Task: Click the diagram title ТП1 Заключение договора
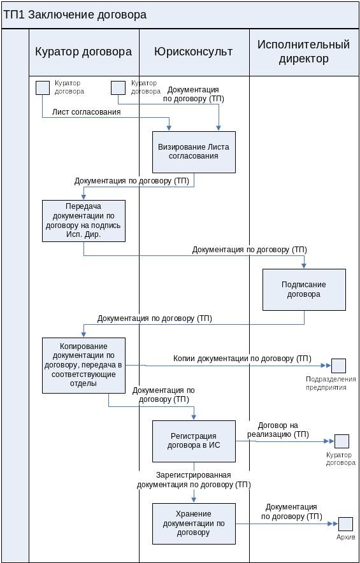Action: pos(75,15)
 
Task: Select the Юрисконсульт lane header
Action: pos(194,52)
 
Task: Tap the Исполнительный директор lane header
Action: pos(303,52)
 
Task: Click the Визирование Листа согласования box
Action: pos(194,152)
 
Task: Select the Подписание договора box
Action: pos(305,290)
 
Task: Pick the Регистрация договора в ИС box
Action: pos(194,441)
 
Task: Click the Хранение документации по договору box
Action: pos(194,524)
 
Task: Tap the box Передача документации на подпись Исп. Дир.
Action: pos(83,221)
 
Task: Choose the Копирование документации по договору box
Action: pos(83,365)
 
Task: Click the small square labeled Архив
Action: pos(345,524)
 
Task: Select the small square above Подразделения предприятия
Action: pos(338,366)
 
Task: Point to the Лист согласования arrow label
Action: pos(86,111)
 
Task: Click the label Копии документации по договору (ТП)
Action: pos(242,359)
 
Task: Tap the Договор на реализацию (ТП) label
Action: pos(278,430)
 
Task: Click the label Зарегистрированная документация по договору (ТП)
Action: pos(194,480)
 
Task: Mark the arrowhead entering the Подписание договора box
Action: pos(305,266)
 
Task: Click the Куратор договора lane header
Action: pos(83,52)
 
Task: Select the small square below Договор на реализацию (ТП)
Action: pos(342,441)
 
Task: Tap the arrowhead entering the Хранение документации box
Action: pos(194,500)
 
